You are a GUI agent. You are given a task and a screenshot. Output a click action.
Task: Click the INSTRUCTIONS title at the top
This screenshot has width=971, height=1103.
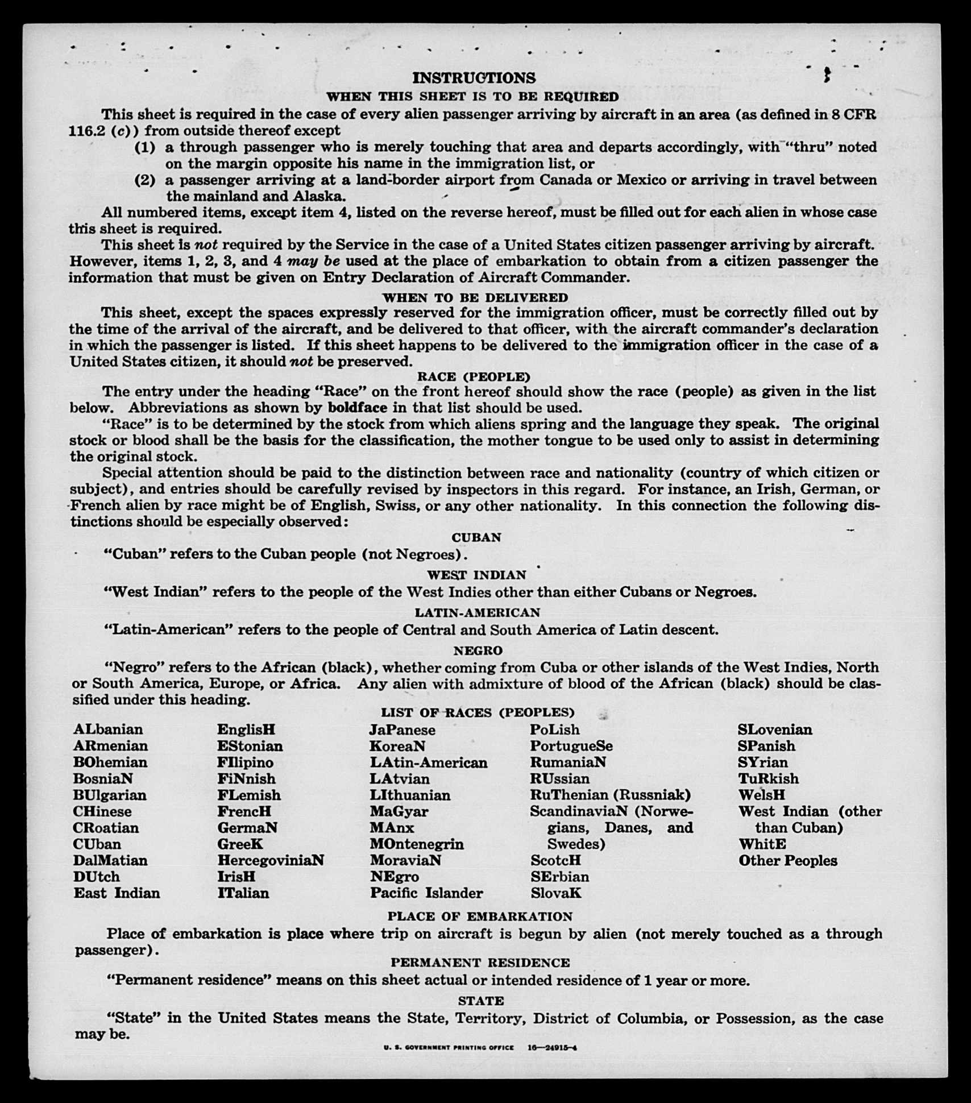coord(474,78)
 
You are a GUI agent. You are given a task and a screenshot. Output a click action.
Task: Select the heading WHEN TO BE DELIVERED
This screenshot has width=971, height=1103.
coord(475,297)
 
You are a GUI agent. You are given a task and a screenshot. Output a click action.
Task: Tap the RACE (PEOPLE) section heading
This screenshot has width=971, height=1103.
coord(474,376)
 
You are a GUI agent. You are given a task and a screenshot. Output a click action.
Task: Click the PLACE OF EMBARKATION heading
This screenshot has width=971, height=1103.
coord(480,916)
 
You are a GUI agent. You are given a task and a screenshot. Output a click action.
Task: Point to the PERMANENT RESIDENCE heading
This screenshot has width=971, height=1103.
coord(480,962)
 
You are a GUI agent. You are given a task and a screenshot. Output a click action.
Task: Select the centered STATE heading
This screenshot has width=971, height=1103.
coord(480,1000)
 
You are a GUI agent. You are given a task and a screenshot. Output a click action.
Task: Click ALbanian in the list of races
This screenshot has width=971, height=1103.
coord(108,729)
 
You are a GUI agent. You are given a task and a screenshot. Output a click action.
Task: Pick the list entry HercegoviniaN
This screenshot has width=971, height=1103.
coord(271,860)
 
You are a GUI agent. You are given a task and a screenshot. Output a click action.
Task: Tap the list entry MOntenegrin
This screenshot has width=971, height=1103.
coord(417,844)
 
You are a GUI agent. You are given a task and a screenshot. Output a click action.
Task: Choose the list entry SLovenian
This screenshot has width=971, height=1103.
coord(775,729)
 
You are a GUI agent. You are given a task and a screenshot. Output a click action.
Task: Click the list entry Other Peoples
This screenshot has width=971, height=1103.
coord(787,861)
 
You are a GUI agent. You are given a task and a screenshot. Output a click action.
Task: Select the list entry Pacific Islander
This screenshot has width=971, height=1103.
coord(426,893)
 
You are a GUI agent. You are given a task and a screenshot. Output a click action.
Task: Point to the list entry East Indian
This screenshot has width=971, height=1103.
coord(117,893)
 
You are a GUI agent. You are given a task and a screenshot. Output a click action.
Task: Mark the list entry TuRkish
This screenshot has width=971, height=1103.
coord(768,779)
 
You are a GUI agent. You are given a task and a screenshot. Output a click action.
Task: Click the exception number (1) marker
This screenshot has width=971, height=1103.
coord(145,147)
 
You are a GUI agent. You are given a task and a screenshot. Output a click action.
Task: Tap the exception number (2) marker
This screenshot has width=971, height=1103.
coord(145,180)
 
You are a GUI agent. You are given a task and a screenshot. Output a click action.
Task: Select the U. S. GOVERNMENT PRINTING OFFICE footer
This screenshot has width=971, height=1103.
coord(449,1048)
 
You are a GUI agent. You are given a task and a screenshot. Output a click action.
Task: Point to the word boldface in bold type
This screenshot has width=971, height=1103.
coord(358,408)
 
